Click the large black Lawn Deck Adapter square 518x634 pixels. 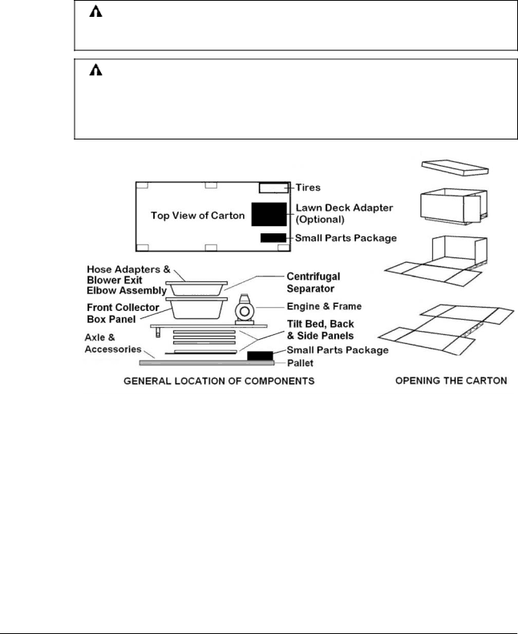click(x=269, y=214)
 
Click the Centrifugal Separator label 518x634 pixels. click(x=320, y=281)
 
